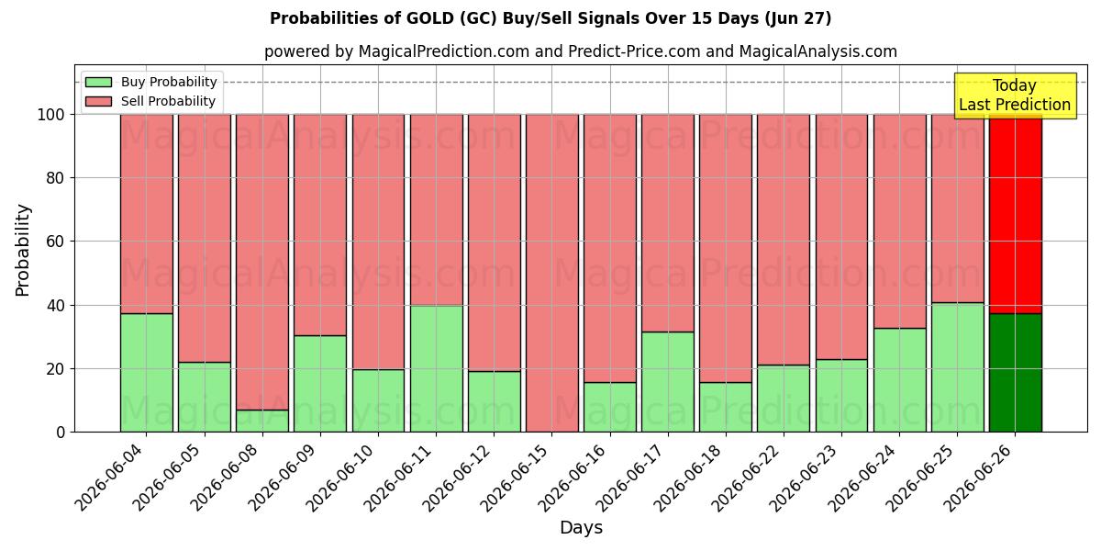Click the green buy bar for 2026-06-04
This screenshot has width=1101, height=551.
[x=147, y=373]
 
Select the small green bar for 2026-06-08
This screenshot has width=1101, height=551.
[x=262, y=422]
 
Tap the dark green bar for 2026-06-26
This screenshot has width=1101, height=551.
[x=1016, y=373]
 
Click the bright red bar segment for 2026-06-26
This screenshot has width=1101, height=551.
[x=1016, y=214]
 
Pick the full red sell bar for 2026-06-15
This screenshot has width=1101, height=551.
[x=552, y=273]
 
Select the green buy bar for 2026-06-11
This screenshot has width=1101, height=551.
[x=437, y=369]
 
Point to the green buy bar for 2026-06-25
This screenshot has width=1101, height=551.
[x=958, y=367]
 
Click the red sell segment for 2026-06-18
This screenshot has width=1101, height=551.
[x=726, y=249]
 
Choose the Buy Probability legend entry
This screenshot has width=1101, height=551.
[x=150, y=82]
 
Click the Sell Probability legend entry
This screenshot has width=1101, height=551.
[x=150, y=101]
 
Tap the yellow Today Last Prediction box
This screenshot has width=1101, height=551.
[x=1015, y=96]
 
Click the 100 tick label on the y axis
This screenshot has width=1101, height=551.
[x=51, y=115]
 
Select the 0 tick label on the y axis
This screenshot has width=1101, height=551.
[x=61, y=433]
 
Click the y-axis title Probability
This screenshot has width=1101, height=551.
[x=23, y=250]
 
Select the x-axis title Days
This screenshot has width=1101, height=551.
[x=581, y=528]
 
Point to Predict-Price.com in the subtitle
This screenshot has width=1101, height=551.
[x=634, y=51]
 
